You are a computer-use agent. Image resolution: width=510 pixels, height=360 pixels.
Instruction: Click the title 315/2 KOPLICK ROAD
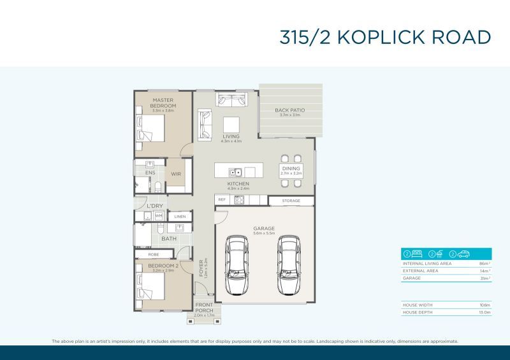(385, 37)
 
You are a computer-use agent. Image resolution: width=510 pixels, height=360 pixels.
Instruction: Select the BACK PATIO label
(289, 111)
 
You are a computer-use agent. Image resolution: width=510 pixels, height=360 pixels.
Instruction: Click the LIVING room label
(231, 136)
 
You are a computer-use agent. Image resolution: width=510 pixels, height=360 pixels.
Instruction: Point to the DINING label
(291, 169)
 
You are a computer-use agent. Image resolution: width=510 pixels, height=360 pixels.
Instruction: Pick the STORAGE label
(291, 201)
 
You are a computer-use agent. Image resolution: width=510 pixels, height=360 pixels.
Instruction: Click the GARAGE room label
(263, 228)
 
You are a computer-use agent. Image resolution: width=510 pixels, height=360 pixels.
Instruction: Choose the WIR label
(176, 173)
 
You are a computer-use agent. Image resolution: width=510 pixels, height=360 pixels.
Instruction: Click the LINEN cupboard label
(180, 217)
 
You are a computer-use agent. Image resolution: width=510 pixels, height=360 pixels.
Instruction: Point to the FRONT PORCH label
(204, 308)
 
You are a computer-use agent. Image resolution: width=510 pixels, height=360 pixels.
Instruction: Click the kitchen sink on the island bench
(235, 172)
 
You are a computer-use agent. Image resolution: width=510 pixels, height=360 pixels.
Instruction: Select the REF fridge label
(222, 200)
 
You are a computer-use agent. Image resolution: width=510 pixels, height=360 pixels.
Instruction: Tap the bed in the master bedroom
(151, 129)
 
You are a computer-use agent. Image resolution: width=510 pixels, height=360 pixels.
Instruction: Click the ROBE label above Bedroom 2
(154, 254)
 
